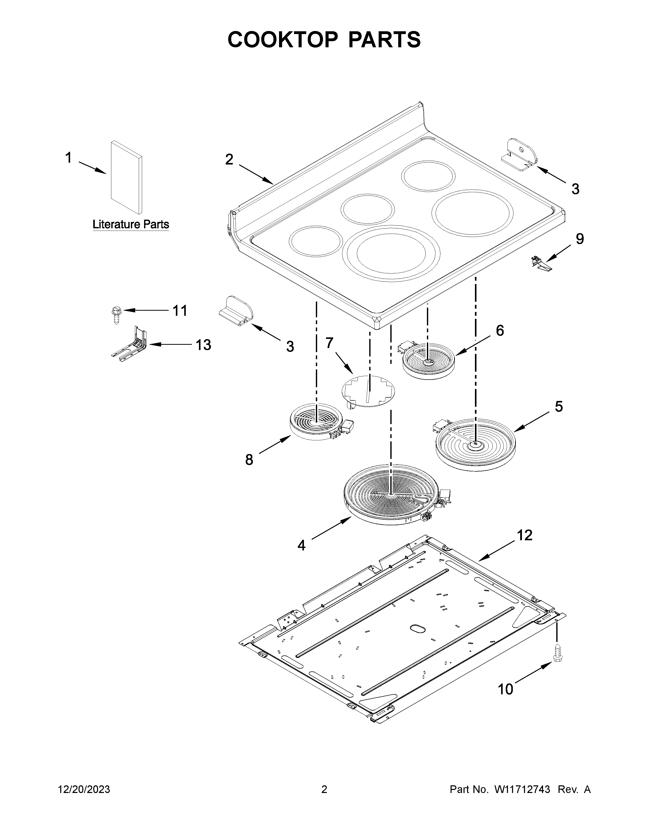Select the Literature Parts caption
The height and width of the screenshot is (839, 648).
[131, 224]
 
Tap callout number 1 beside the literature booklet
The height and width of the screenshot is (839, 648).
[68, 158]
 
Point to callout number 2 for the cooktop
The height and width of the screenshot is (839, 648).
[229, 159]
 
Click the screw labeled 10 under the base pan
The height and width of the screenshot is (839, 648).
[557, 660]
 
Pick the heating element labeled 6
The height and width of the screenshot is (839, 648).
[428, 361]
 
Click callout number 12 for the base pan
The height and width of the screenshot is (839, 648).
[525, 535]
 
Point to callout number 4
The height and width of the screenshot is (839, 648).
[301, 545]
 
